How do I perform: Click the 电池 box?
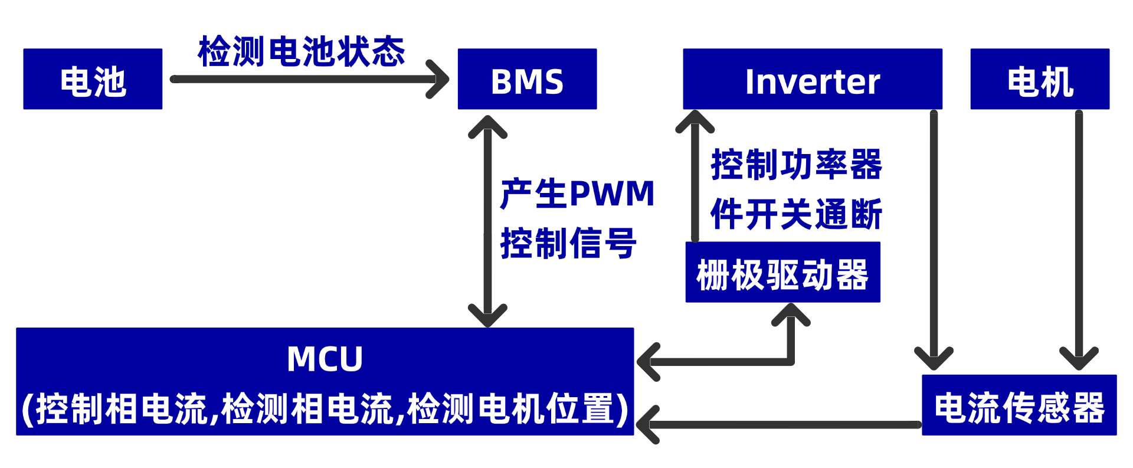pos(93,79)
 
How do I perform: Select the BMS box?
pos(527,79)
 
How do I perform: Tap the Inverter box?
pos(812,79)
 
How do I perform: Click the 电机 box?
pos(1040,79)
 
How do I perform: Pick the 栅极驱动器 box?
pos(782,273)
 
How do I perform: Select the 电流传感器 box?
pos(1019,405)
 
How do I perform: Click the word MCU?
pos(325,359)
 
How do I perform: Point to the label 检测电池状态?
pos(301,51)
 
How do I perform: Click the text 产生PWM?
pos(577,194)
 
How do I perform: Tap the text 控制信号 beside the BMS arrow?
pos(568,243)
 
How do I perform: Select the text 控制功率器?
pos(796,164)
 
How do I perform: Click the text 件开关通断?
pos(796,214)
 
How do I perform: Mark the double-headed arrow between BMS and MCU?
pos(487,221)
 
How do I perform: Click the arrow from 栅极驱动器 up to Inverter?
pos(695,177)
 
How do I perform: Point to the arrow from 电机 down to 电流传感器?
pos(1079,236)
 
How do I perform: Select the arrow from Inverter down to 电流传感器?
pos(934,236)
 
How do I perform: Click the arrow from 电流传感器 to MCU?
pos(779,424)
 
